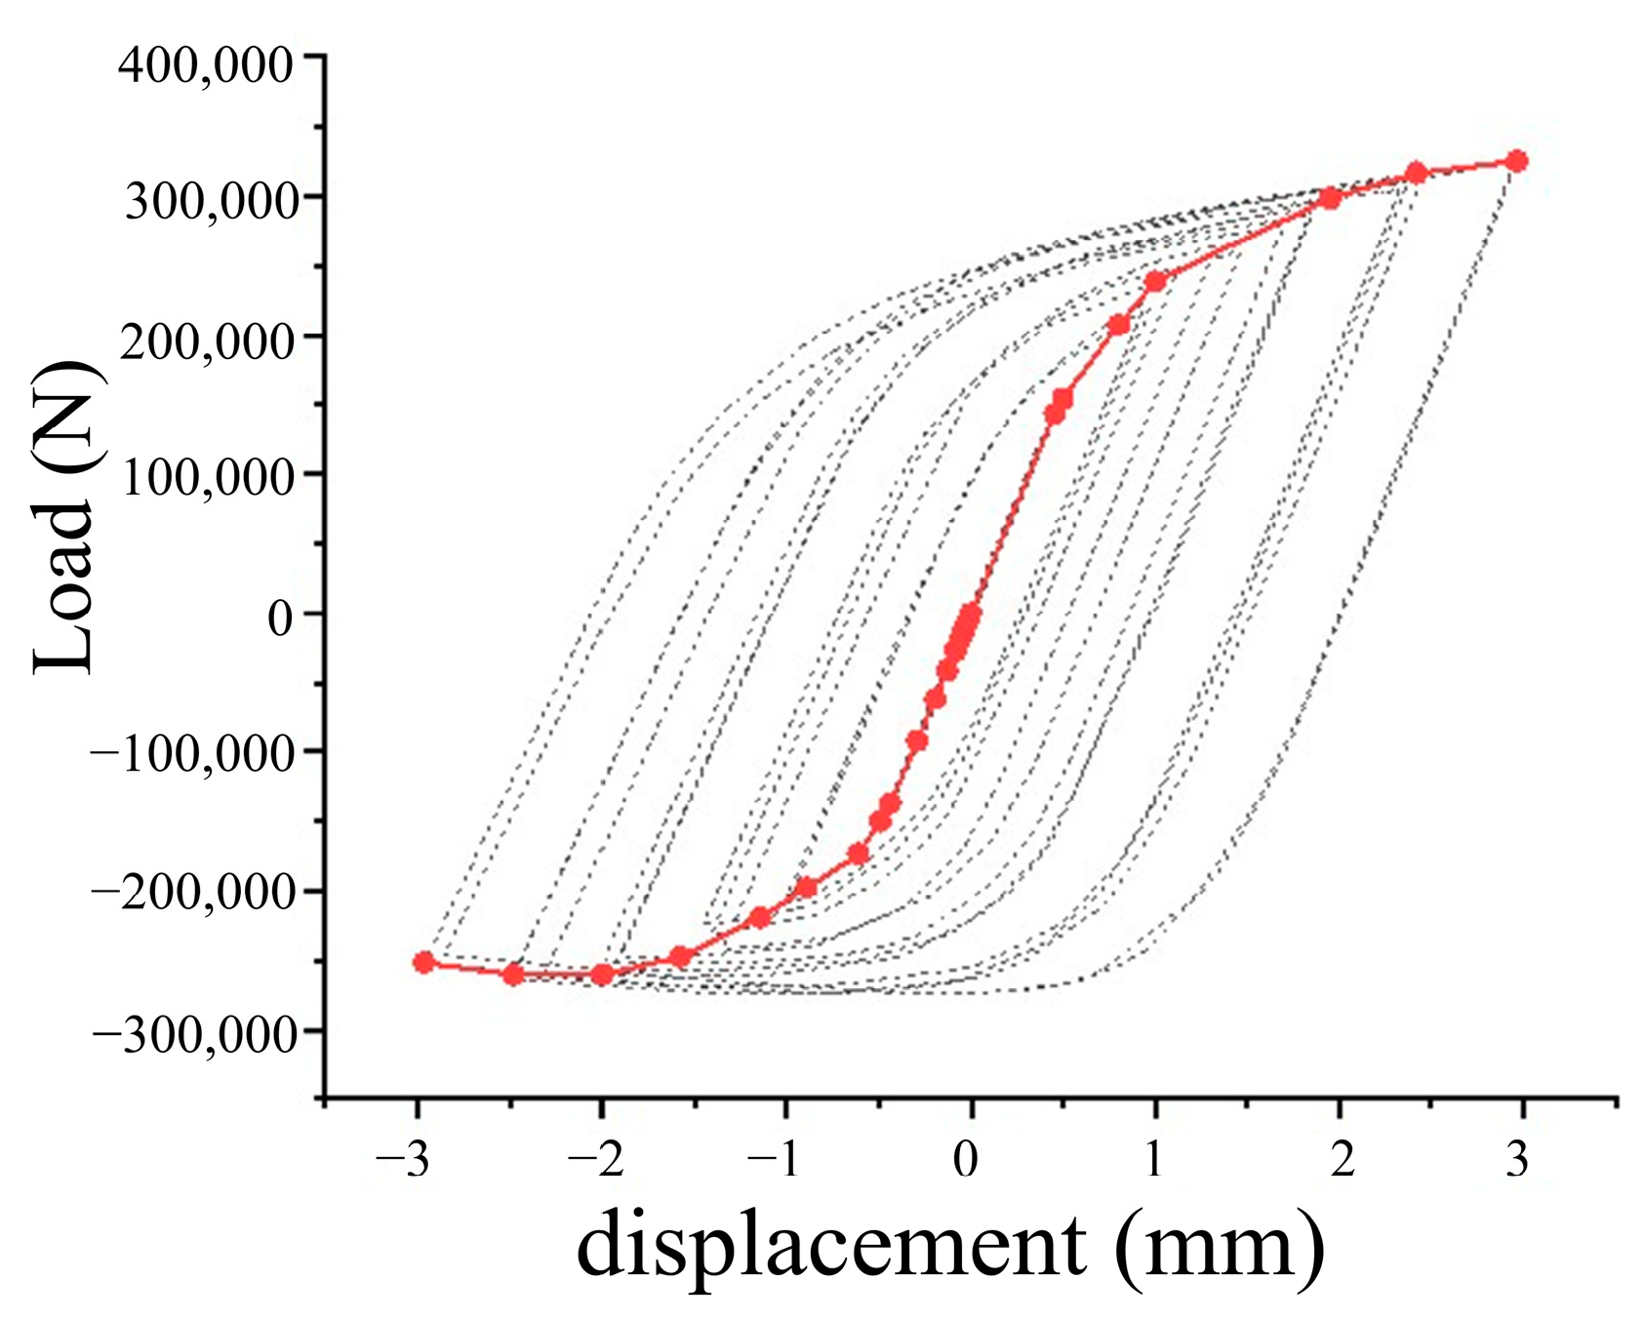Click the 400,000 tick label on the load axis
click(x=204, y=65)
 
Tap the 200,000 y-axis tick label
click(x=208, y=342)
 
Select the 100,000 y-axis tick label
click(x=208, y=480)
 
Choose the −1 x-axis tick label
click(x=779, y=1163)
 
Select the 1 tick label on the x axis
click(x=1154, y=1163)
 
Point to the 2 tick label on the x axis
click(x=1342, y=1163)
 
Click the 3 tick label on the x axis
click(x=1516, y=1163)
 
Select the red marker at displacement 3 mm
click(x=1515, y=161)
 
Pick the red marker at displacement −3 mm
click(x=423, y=962)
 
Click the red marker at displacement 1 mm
click(x=1155, y=281)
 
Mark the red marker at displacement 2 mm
click(x=1329, y=198)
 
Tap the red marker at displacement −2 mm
click(x=602, y=975)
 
